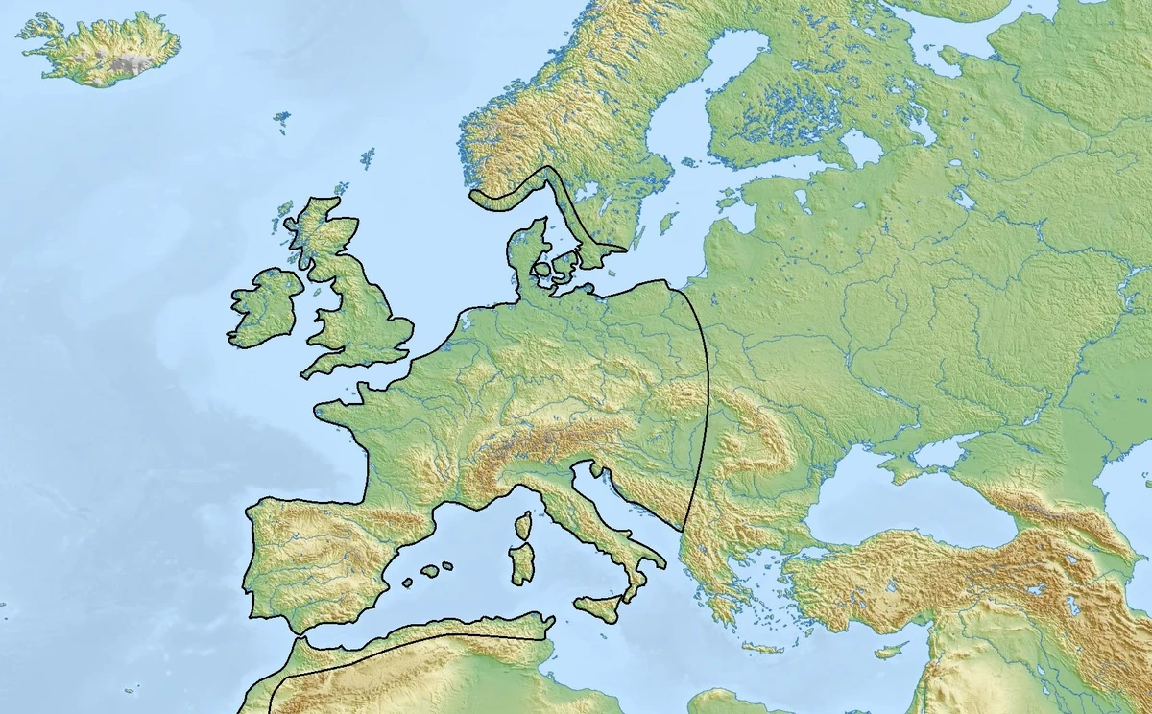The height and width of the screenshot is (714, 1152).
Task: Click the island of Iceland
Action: [101, 48]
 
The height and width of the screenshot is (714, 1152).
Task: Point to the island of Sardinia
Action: [521, 563]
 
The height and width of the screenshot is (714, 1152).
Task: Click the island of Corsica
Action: [524, 525]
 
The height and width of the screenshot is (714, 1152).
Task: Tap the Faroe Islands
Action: [281, 119]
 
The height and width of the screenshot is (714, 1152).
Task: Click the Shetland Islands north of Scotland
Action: [367, 157]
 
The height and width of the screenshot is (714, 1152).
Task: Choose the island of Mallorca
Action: [430, 570]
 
